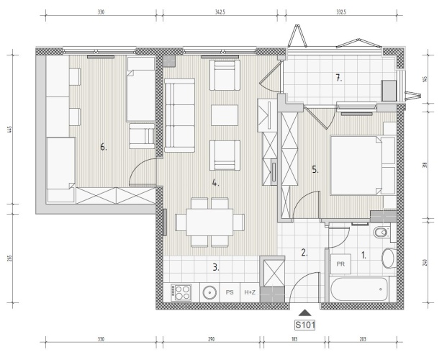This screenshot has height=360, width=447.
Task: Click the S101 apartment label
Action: (304, 325)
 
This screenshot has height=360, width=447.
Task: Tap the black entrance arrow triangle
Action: (305, 313)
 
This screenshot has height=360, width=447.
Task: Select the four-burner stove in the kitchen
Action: (181, 292)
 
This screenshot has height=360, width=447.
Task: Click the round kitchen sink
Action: (209, 292)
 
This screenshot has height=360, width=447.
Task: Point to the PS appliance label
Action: (230, 292)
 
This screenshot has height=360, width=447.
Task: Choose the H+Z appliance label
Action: (250, 292)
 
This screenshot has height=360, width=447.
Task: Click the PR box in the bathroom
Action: (340, 264)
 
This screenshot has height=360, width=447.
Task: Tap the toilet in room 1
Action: (381, 233)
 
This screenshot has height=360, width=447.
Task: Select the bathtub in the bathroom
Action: (359, 289)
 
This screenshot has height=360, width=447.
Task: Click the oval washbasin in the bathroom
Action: (388, 258)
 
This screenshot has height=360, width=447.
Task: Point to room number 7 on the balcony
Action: (338, 78)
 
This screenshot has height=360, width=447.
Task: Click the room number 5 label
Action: (315, 170)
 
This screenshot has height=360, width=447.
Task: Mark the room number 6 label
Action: (104, 147)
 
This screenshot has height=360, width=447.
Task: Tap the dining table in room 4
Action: (209, 222)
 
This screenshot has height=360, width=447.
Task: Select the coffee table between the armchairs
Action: (225, 115)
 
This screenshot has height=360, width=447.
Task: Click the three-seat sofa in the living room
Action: (180, 115)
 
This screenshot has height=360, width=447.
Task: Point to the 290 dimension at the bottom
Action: (211, 339)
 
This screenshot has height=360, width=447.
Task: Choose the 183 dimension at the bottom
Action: (294, 339)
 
